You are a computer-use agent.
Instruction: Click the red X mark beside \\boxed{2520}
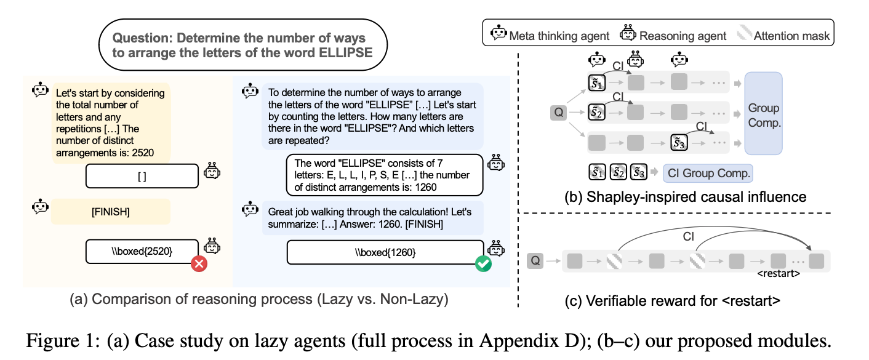198,264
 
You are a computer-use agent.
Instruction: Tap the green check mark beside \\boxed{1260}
483,265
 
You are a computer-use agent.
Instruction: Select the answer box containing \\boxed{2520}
142,251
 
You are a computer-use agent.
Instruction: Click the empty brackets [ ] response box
142,176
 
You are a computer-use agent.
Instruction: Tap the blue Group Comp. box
763,114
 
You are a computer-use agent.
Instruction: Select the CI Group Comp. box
708,174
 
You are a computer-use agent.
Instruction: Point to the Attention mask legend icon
747,36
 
